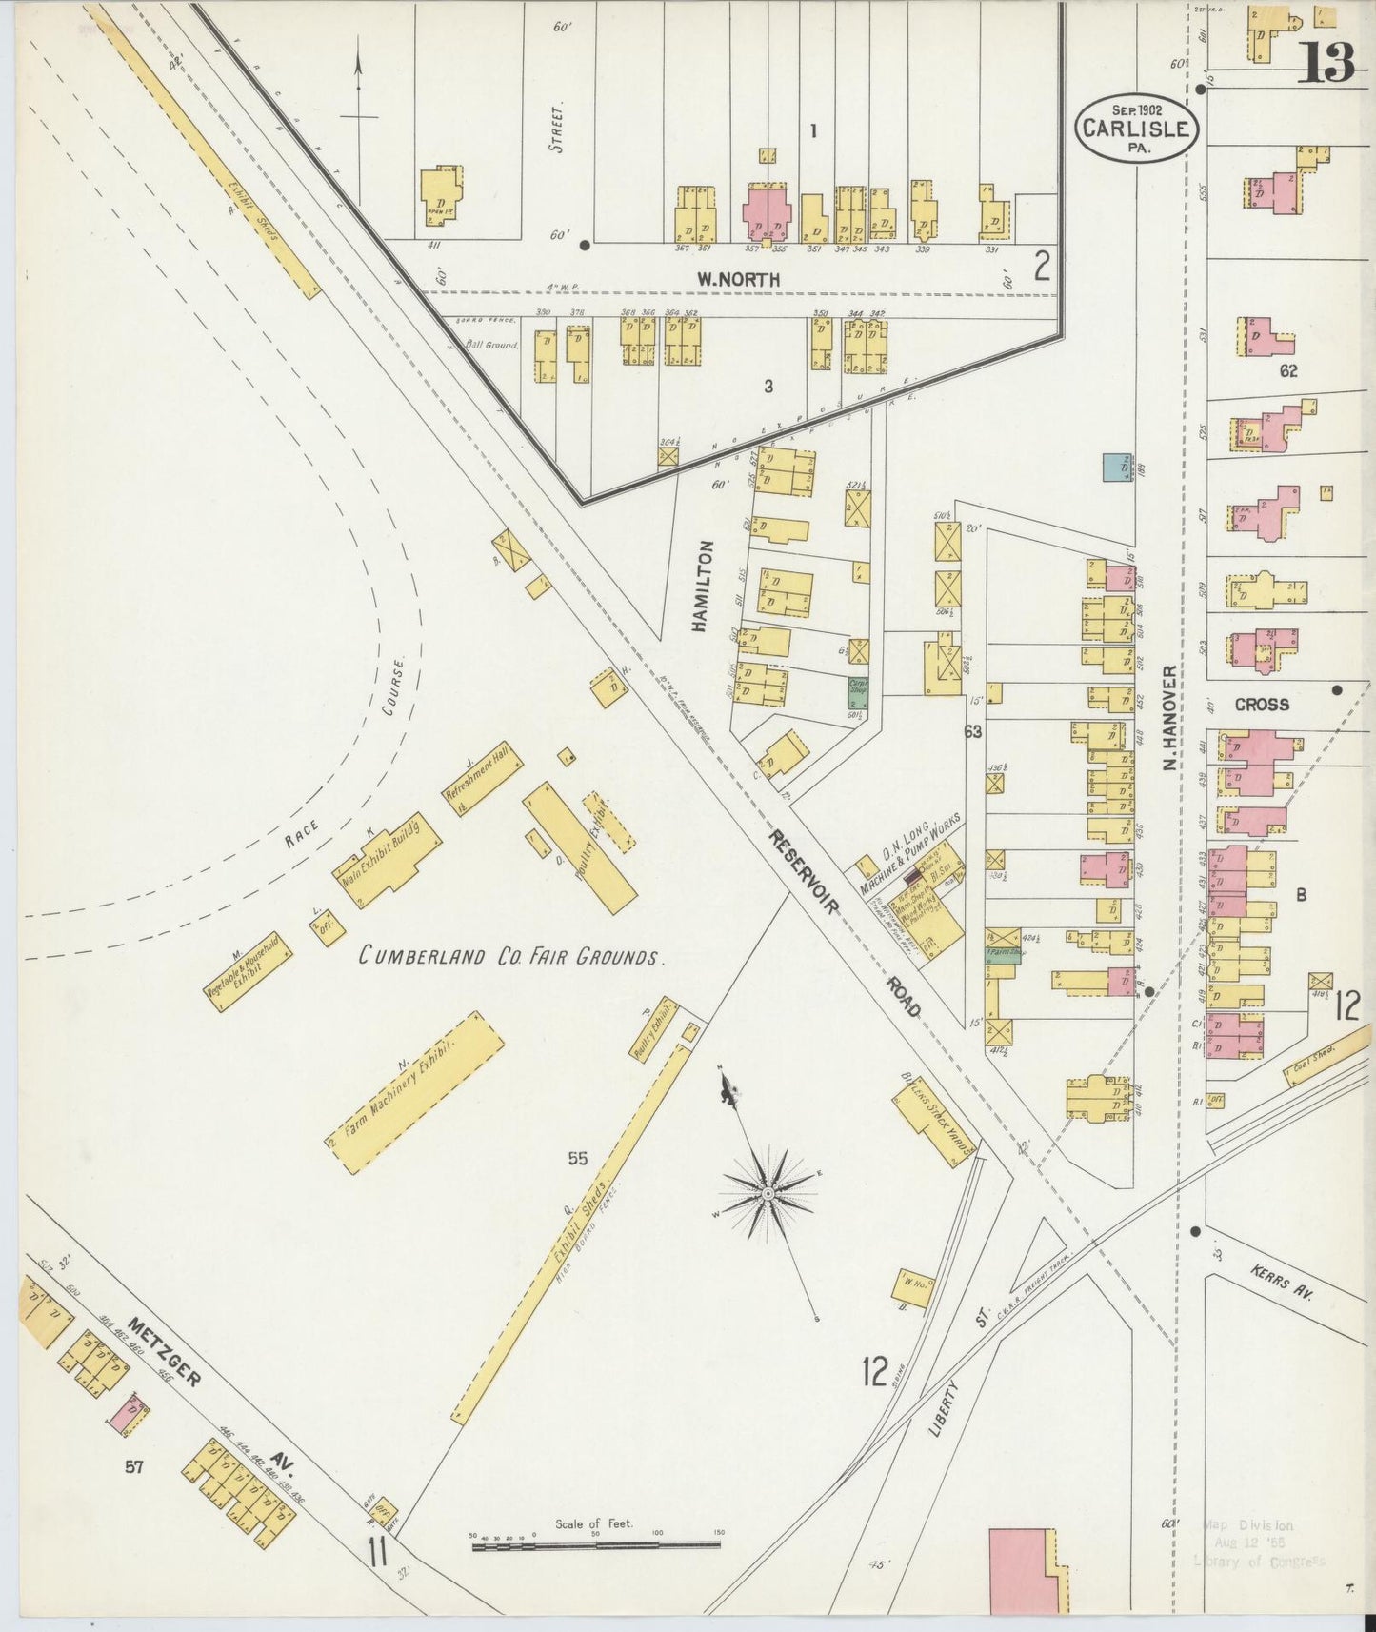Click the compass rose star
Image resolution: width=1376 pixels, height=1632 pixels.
768,1191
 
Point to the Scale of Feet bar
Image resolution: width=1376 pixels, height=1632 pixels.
597,1546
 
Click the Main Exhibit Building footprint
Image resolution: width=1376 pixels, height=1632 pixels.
388,858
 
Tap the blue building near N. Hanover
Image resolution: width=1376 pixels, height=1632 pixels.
1118,467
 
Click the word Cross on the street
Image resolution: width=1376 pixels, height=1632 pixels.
1262,705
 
